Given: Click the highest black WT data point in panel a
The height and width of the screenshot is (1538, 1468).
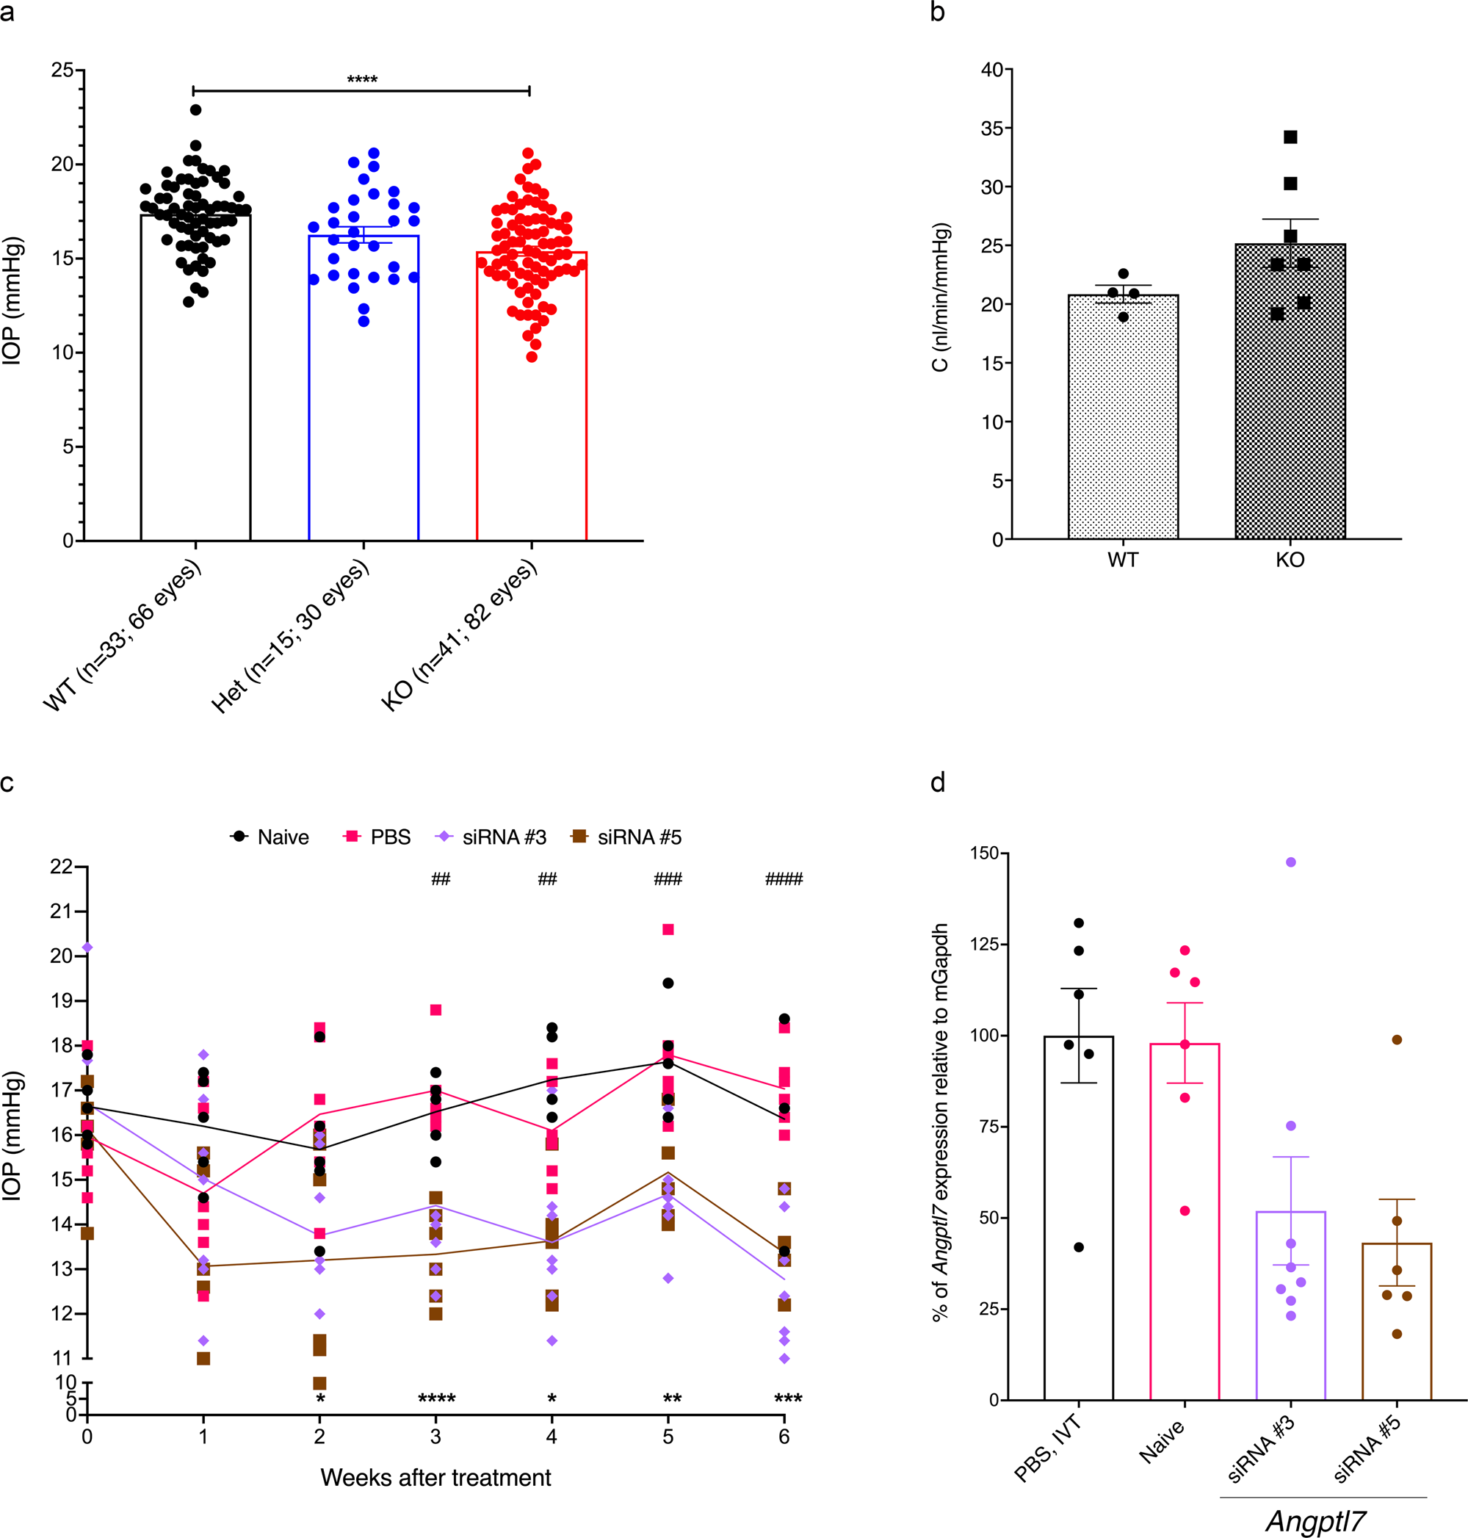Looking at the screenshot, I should click(x=195, y=109).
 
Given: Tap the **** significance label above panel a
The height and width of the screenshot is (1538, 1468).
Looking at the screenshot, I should click(x=361, y=80).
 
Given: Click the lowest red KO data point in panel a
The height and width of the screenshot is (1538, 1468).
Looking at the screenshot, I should click(x=532, y=357).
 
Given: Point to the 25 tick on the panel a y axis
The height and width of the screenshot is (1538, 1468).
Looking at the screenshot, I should click(x=62, y=71).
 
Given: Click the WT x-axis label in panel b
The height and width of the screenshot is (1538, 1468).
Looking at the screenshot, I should click(x=1122, y=560).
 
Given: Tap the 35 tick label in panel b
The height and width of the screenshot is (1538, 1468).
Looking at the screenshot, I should click(x=991, y=129).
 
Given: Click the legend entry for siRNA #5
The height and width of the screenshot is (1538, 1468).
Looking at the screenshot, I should click(x=627, y=837).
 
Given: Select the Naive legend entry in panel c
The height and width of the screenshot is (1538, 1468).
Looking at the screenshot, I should click(x=270, y=837).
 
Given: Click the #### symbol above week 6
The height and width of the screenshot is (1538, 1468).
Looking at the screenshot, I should click(x=784, y=879).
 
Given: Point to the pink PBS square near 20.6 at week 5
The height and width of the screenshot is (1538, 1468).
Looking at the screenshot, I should click(x=668, y=930).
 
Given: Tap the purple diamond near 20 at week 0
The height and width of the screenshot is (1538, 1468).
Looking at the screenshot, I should click(x=87, y=947).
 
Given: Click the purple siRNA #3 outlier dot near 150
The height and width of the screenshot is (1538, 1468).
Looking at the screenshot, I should click(x=1290, y=862).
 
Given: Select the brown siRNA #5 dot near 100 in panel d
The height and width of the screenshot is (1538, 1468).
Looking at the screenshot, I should click(x=1397, y=1040).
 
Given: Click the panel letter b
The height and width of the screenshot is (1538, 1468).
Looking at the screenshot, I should click(x=938, y=12).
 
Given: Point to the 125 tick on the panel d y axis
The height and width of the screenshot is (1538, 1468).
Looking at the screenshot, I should click(x=983, y=944).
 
